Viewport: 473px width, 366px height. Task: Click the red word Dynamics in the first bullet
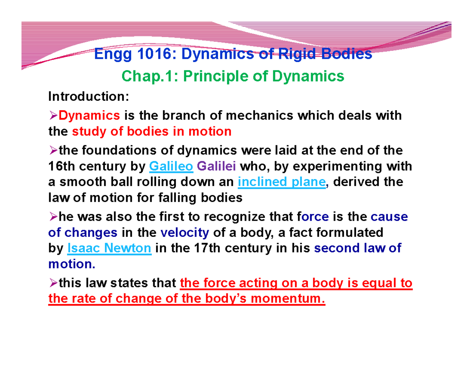tap(89, 116)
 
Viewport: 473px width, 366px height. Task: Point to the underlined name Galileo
tap(171, 167)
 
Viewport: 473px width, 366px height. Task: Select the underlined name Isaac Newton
tap(110, 249)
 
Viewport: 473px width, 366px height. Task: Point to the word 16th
tap(63, 167)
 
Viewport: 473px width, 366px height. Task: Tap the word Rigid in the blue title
tap(291, 54)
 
